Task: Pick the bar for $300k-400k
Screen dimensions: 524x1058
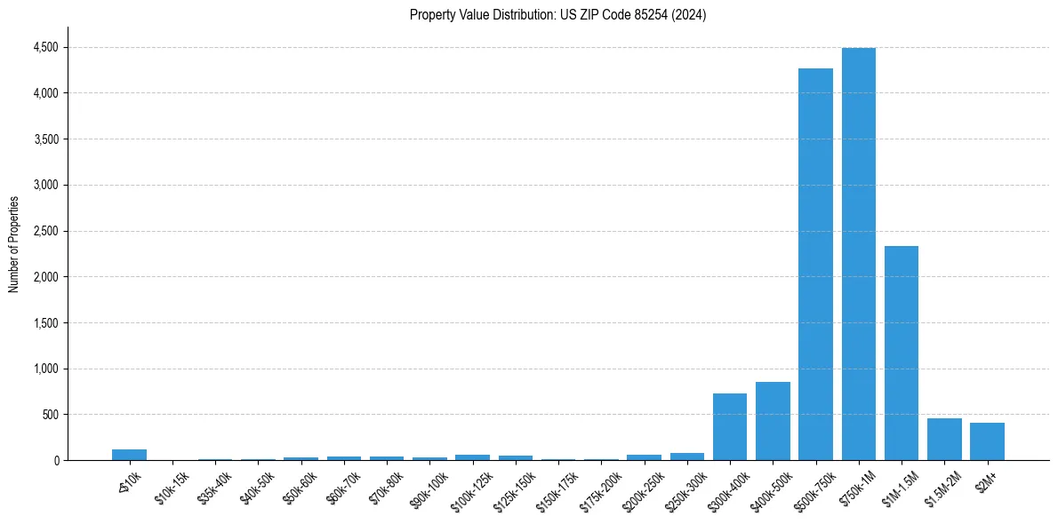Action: click(x=729, y=426)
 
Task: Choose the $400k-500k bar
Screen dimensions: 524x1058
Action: click(x=773, y=421)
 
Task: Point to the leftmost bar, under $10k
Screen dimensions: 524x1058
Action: click(x=129, y=455)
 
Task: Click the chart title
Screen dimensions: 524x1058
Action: click(x=557, y=15)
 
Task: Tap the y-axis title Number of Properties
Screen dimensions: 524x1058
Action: click(x=14, y=244)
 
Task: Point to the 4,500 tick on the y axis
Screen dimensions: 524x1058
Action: click(x=44, y=47)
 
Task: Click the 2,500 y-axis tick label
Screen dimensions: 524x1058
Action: click(x=44, y=231)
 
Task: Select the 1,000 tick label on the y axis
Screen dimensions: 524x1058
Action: click(x=44, y=369)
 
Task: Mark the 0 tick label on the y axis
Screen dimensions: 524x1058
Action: click(x=57, y=460)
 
